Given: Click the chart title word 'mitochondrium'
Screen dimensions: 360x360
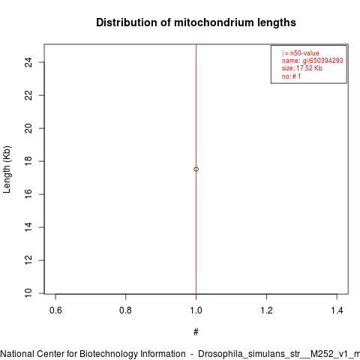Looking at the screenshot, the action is click(214, 22).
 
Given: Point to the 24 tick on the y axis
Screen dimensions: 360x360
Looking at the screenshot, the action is click(28, 62).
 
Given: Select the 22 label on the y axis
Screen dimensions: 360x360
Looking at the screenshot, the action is click(28, 95).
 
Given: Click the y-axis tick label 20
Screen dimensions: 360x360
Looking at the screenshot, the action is click(28, 128).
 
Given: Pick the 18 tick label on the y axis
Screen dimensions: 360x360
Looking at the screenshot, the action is click(28, 161).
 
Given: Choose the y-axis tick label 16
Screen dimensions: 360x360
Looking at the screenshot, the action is click(28, 194).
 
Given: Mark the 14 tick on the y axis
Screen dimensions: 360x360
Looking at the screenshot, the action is click(28, 227).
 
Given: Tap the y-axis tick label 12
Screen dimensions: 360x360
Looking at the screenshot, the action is click(28, 260).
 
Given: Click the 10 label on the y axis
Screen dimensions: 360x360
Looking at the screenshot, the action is click(28, 293).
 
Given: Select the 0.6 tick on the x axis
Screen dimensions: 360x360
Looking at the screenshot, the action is click(55, 310).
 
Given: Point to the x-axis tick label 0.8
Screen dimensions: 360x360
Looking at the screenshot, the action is click(125, 310).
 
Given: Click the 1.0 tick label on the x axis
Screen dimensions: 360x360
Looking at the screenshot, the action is click(196, 310).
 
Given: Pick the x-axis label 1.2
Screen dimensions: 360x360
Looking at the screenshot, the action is click(266, 310).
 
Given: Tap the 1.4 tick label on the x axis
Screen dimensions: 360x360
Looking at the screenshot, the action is click(337, 310).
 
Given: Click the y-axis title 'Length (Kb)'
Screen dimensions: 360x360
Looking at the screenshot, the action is click(7, 169).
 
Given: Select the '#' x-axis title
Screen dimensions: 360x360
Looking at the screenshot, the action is click(196, 332).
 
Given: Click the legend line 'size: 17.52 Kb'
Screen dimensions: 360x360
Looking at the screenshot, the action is click(302, 68).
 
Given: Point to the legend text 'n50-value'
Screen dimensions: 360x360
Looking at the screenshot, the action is click(304, 53).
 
